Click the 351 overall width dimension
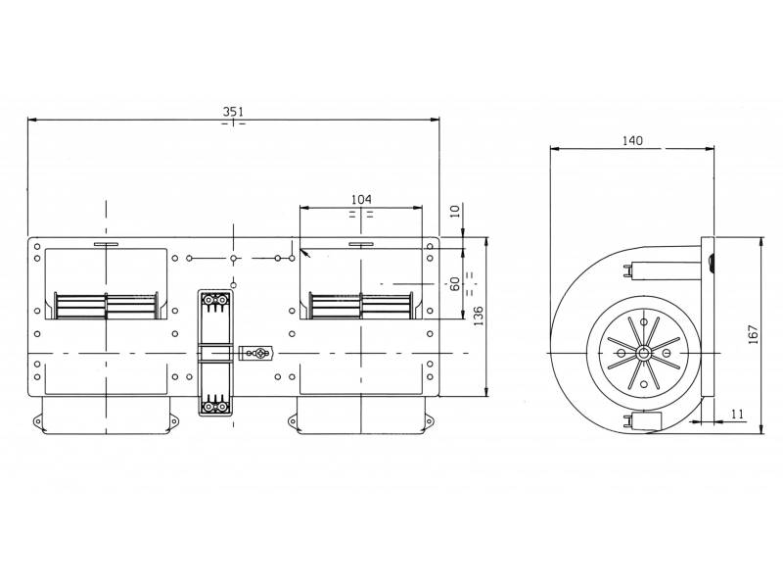(x=233, y=111)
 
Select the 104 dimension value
(x=361, y=200)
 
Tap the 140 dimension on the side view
(x=632, y=140)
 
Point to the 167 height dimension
(x=754, y=334)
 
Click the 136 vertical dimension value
(x=479, y=316)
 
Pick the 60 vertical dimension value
(x=454, y=284)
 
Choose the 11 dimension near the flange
(x=737, y=414)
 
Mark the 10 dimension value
(x=454, y=211)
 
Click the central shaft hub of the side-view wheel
(x=643, y=354)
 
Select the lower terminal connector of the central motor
(x=214, y=405)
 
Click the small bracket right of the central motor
(x=255, y=354)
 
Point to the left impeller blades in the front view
(x=107, y=305)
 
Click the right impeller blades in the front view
(x=361, y=305)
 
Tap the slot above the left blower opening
(x=106, y=244)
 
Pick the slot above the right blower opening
(x=361, y=244)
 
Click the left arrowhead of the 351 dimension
(x=32, y=120)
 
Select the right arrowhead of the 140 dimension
(x=710, y=149)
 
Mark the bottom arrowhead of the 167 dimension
(x=761, y=428)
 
